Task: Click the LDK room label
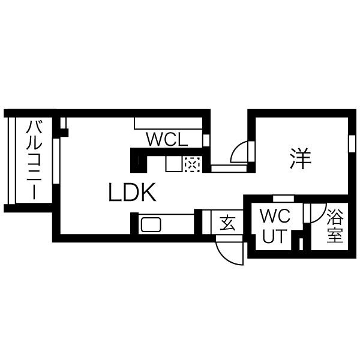pos(133,193)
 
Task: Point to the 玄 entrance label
pos(227,223)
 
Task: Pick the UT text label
pos(277,236)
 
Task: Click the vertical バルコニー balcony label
pos(34,161)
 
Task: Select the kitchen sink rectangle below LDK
pos(150,226)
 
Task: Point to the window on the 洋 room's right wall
pos(352,145)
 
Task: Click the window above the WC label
pos(283,198)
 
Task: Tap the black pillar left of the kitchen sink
pos(135,223)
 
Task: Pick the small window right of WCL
pos(206,140)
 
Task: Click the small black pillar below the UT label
pos(301,245)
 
